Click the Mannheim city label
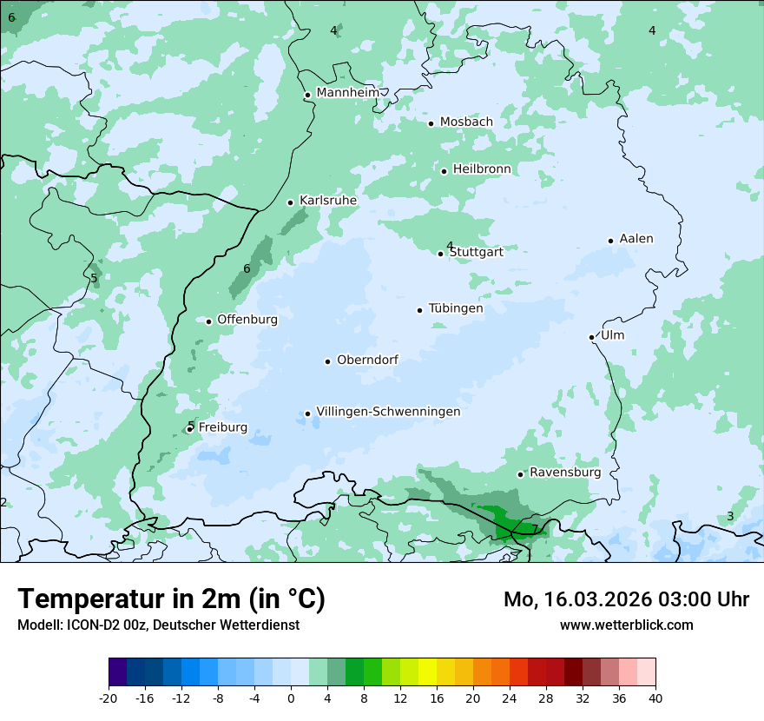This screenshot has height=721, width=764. [348, 93]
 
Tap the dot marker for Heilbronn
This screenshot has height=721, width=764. [444, 171]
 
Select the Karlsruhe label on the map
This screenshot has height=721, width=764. [328, 201]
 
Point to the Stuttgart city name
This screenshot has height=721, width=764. [476, 253]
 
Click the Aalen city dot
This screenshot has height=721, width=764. [610, 241]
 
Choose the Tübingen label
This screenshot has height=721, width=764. [456, 308]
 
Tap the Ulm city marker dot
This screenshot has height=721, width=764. [591, 337]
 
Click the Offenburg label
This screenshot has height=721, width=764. [247, 320]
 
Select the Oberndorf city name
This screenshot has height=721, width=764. [367, 360]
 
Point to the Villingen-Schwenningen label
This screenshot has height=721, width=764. [388, 412]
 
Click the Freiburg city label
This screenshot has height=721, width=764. [223, 427]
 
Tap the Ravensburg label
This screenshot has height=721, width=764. [565, 473]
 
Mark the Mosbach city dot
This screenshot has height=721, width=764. [431, 123]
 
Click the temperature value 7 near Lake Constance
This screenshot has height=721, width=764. [534, 528]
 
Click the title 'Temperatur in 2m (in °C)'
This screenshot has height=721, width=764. [171, 599]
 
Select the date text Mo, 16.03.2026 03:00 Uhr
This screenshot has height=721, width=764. [626, 599]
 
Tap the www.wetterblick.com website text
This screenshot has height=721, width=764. [626, 625]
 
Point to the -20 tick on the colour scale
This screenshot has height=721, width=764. [109, 698]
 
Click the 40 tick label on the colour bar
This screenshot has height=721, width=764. [655, 698]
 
